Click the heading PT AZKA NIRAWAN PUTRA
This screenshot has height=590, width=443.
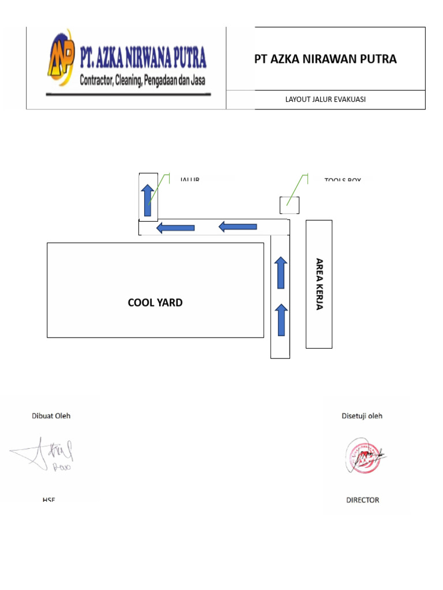[x=325, y=59]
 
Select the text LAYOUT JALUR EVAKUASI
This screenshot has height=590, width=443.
[x=325, y=100]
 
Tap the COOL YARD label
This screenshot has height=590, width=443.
[x=155, y=302]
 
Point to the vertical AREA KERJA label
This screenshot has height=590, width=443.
[x=319, y=284]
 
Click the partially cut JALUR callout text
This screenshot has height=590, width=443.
[x=190, y=180]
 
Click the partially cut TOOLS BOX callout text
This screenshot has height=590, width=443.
[x=343, y=180]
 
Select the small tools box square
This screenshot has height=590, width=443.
[x=289, y=205]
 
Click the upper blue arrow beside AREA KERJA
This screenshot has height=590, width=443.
[x=281, y=273]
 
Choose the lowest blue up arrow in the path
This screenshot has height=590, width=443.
[x=281, y=320]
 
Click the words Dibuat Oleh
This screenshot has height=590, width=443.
[x=51, y=415]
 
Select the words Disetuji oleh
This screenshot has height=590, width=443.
[x=362, y=415]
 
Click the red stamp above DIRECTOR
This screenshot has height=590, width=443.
[x=365, y=455]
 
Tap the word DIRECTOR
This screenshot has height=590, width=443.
[x=363, y=500]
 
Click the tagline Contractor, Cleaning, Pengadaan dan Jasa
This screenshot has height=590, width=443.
[x=142, y=81]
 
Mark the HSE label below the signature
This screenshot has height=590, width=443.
[x=48, y=500]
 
